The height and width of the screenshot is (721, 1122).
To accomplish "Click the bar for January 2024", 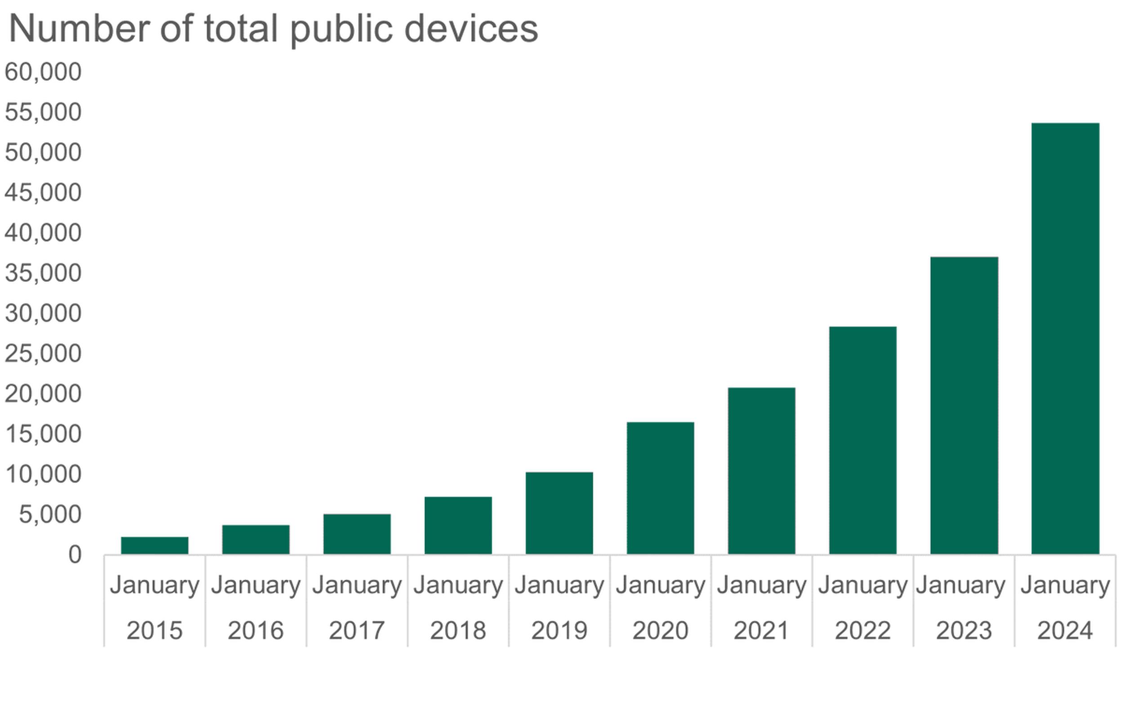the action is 1065,339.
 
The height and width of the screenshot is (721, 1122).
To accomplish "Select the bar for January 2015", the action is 154,546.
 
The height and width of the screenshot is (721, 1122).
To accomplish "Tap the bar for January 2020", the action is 660,488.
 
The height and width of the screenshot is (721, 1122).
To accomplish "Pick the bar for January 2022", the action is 863,440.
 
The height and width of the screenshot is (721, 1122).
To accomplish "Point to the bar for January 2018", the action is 458,526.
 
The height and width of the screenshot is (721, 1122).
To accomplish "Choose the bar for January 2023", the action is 964,406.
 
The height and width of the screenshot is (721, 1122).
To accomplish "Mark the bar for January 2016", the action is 255,540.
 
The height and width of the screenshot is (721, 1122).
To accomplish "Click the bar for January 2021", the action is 761,471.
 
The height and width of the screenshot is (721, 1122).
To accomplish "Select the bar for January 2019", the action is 559,514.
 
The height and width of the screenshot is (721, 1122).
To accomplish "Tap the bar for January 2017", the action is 357,534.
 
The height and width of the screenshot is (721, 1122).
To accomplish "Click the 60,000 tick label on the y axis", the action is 43,72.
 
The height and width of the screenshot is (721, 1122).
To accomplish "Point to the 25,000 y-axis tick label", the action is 43,354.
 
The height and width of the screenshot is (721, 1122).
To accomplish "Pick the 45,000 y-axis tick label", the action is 43,193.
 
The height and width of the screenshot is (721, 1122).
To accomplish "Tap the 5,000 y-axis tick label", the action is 50,515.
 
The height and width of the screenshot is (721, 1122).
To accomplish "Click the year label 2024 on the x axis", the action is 1065,630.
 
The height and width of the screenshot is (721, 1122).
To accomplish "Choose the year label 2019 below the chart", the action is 559,630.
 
